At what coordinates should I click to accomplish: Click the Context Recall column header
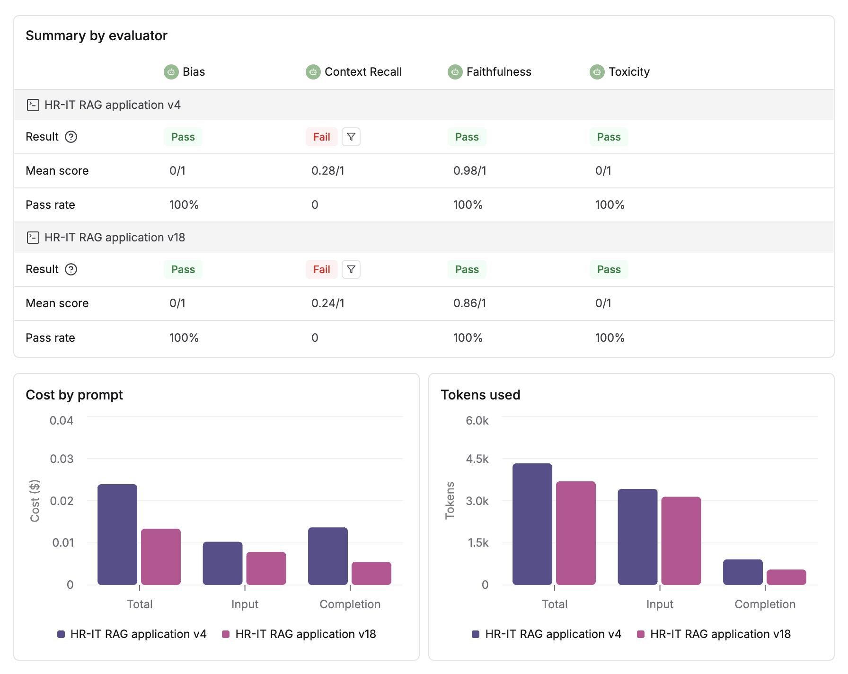coord(362,72)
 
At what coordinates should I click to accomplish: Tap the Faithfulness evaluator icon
coord(455,72)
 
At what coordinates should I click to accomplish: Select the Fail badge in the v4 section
coord(321,137)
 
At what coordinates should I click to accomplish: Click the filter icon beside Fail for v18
coord(351,269)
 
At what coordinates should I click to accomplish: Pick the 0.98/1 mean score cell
coord(469,171)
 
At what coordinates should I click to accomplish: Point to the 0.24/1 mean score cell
coord(327,303)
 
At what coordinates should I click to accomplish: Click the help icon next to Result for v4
coord(71,137)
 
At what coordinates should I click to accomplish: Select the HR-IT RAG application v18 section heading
coord(115,237)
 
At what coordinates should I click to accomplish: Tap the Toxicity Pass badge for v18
coord(609,269)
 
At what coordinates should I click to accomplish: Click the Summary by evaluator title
coord(97,36)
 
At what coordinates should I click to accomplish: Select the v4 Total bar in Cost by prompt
coord(117,535)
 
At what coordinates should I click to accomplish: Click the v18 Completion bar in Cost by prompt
coord(371,573)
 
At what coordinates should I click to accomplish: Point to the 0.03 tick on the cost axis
coord(62,459)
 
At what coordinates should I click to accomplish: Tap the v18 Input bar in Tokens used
coord(680,541)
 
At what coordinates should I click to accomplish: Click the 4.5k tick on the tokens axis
coord(477,459)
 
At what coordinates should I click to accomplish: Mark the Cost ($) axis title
coord(35,501)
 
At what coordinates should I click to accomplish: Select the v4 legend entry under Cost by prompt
coord(132,634)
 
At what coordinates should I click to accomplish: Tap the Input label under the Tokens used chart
coord(660,604)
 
